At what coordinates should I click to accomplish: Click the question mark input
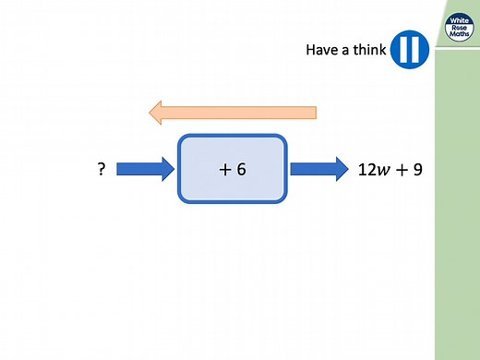click(101, 170)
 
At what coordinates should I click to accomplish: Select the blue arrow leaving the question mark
click(147, 169)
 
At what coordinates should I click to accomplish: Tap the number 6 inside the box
click(241, 170)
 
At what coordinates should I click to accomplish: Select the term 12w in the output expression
click(372, 170)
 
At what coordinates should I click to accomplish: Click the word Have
click(322, 50)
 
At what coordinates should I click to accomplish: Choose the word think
click(368, 50)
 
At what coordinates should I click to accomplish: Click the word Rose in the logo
click(458, 28)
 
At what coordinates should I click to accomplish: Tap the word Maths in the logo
click(458, 37)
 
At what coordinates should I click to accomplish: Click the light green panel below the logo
click(458, 203)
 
